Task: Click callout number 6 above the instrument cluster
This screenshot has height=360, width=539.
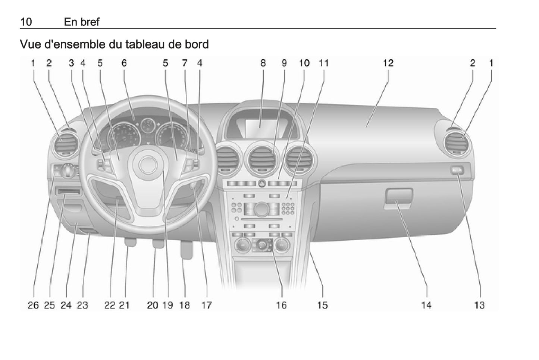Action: (124, 63)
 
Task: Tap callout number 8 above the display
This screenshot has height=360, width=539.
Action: (263, 63)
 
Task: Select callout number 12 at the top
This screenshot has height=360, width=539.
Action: (388, 63)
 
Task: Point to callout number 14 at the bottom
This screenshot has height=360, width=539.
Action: (426, 305)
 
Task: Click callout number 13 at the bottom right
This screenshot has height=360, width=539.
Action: (479, 305)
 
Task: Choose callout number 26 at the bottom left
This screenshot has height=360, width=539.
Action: (33, 305)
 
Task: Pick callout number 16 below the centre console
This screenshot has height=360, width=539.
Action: (281, 305)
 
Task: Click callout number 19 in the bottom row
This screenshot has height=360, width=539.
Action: (168, 305)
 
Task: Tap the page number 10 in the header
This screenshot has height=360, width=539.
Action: (26, 22)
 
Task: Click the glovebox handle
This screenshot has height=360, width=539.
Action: (398, 195)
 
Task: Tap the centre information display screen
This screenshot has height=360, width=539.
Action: (261, 128)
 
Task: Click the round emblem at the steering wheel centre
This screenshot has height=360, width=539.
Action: (148, 165)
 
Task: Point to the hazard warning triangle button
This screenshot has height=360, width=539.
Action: (262, 184)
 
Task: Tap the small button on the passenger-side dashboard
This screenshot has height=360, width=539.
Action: (457, 170)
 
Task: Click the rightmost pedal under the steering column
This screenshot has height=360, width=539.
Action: (187, 250)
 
